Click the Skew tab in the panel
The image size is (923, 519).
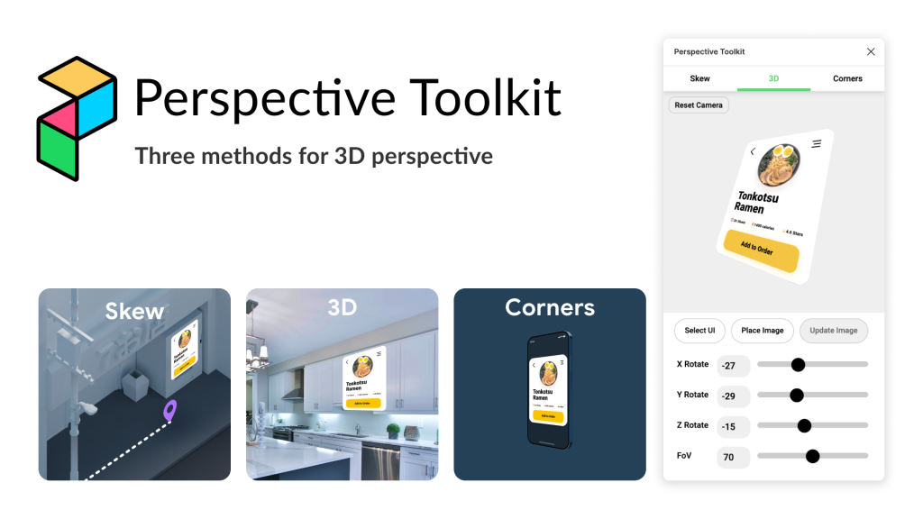699,78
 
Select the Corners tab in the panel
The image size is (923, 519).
847,78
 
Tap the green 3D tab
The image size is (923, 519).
773,78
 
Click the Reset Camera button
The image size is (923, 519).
699,105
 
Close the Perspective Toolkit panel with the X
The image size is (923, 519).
871,52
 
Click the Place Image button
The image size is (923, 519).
762,331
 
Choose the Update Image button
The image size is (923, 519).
833,331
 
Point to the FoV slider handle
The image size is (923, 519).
812,456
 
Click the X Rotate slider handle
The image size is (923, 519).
798,365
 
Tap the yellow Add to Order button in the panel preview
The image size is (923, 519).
761,251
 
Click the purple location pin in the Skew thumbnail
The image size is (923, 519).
169,411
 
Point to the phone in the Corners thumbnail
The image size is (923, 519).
549,389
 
